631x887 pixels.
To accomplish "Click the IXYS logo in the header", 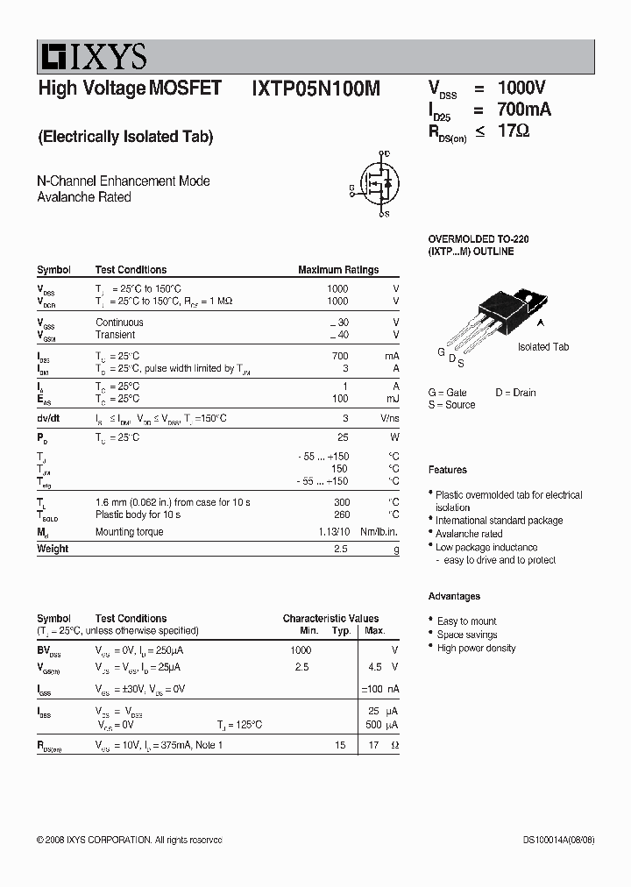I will (92, 58).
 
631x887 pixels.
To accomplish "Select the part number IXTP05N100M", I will (315, 89).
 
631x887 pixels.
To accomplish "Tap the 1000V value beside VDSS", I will (521, 88).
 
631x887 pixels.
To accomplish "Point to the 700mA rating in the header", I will (524, 110).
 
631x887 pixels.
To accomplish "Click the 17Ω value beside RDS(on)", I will (514, 131).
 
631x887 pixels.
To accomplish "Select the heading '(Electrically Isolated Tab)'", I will (125, 137).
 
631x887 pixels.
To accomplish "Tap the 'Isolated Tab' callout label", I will (543, 347).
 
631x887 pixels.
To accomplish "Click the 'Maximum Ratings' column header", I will (338, 270).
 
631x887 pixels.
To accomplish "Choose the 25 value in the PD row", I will (343, 436).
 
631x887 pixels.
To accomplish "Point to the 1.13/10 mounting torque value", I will (332, 532).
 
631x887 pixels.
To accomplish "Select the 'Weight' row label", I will (53, 549).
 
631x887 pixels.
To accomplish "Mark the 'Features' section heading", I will (448, 470).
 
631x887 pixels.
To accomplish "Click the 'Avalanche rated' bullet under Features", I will (469, 534).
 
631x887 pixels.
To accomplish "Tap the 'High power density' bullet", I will (476, 649).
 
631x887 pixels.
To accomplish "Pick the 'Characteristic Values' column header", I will (330, 619).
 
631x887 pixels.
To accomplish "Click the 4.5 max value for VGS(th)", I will (373, 667).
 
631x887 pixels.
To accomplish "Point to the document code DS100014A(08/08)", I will (558, 840).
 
